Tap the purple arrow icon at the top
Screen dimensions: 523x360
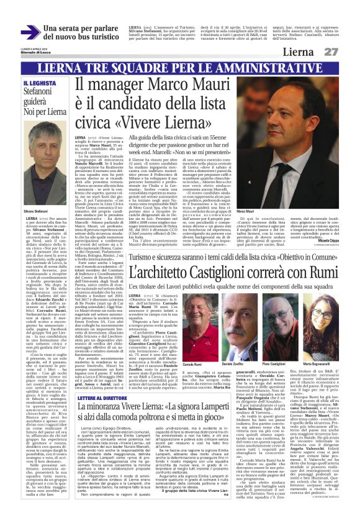tap(29, 32)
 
